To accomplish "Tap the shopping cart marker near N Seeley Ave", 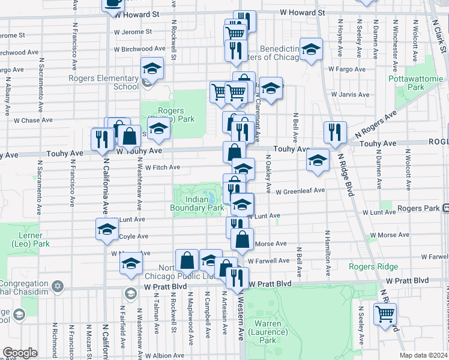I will coord(385,313).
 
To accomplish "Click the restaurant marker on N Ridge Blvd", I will coord(334,133).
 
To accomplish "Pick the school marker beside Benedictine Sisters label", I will coord(311,50).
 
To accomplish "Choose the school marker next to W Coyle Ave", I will coord(107,229).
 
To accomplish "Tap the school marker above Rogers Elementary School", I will coord(152,68).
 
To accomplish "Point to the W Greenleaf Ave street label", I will coord(300,191).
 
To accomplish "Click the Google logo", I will coord(19,353).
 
